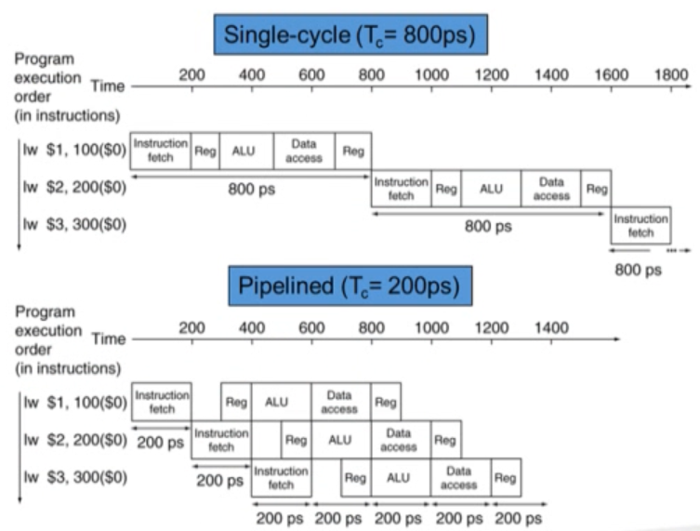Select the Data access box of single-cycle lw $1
tap(304, 152)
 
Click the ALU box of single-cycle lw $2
tap(491, 189)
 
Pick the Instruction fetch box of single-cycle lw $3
tap(641, 226)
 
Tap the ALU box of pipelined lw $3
tap(398, 477)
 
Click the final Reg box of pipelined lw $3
tap(506, 477)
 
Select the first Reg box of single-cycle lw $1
tap(205, 152)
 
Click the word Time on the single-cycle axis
tap(107, 86)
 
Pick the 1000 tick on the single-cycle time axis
tap(431, 75)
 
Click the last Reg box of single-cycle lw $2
tap(596, 189)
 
